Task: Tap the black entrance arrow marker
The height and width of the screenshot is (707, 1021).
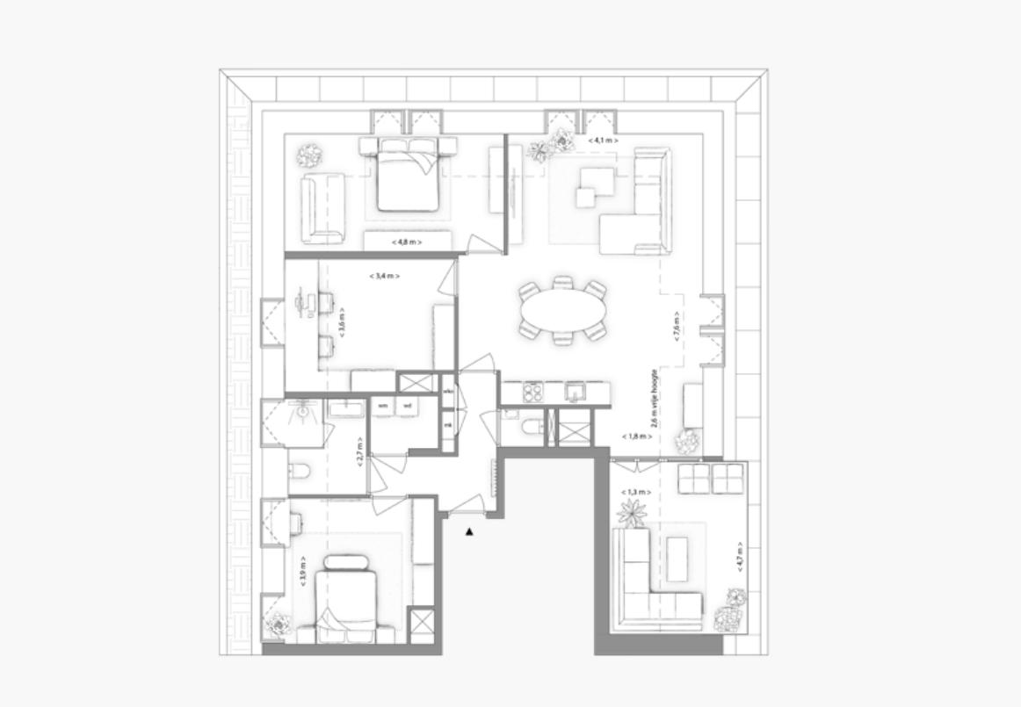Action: point(470,531)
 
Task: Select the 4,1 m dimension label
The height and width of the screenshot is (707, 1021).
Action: point(603,141)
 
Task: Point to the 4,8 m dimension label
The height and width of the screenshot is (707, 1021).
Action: point(407,242)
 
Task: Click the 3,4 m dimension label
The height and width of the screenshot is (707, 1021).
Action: point(385,276)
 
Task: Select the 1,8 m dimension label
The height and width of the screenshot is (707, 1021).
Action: point(636,436)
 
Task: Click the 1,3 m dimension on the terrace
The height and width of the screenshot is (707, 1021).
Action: point(636,493)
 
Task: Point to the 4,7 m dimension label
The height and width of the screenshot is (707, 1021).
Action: point(740,557)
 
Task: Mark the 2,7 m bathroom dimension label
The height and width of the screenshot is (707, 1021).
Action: point(360,452)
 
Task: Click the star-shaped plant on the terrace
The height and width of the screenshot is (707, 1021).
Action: point(631,512)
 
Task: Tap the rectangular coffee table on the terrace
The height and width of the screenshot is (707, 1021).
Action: point(676,559)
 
